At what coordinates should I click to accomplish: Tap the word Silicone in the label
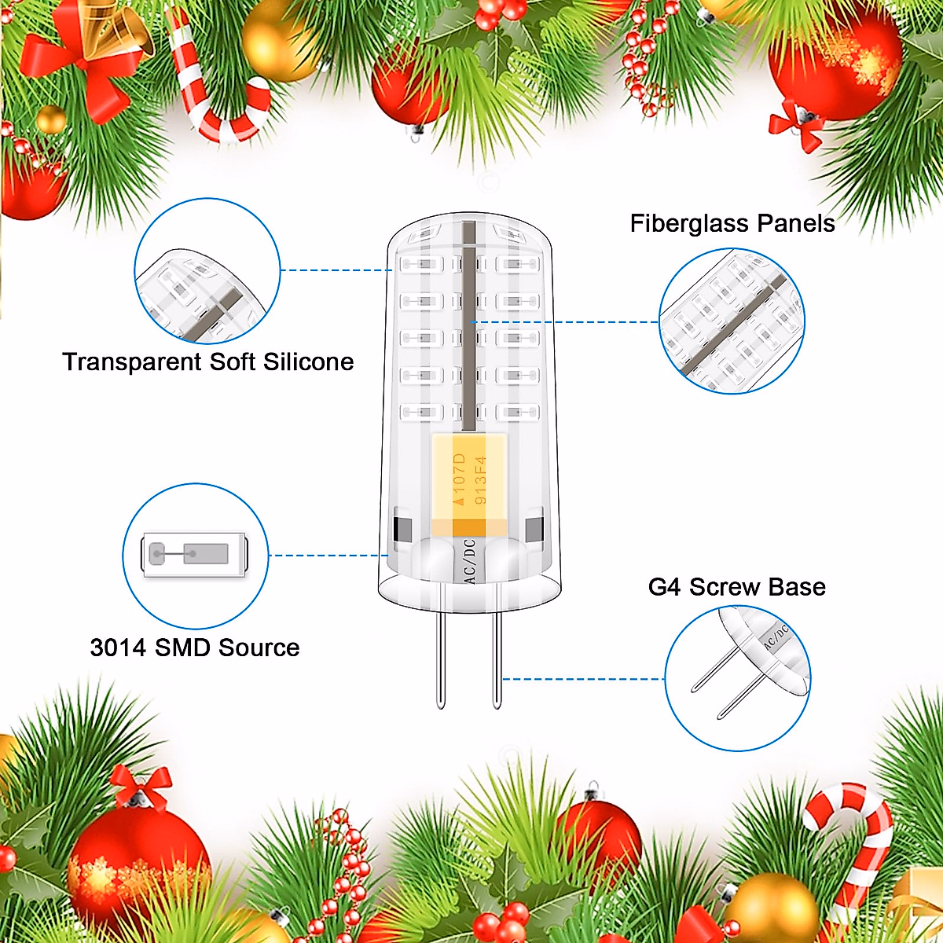point(308,362)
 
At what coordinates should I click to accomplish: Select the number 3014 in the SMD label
point(119,648)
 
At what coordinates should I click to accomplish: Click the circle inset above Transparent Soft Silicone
point(207,272)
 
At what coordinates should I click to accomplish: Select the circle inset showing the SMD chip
point(195,556)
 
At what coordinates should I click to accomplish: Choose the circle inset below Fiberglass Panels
point(731,321)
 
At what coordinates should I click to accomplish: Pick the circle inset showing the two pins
point(737,677)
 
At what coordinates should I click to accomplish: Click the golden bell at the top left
point(118,31)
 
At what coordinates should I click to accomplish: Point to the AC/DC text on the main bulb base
point(469,560)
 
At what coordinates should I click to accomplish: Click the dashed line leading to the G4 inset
point(582,678)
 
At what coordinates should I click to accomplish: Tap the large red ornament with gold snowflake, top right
point(833,63)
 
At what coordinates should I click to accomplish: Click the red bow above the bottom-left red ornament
point(141,786)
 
